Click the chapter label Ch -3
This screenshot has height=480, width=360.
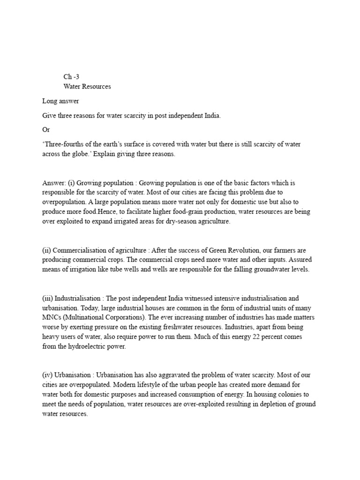[x=71, y=76]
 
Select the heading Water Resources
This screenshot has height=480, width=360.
[x=87, y=87]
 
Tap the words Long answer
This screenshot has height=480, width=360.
[x=60, y=101]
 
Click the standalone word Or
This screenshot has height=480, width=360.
[x=45, y=129]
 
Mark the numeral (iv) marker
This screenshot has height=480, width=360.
[x=47, y=375]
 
